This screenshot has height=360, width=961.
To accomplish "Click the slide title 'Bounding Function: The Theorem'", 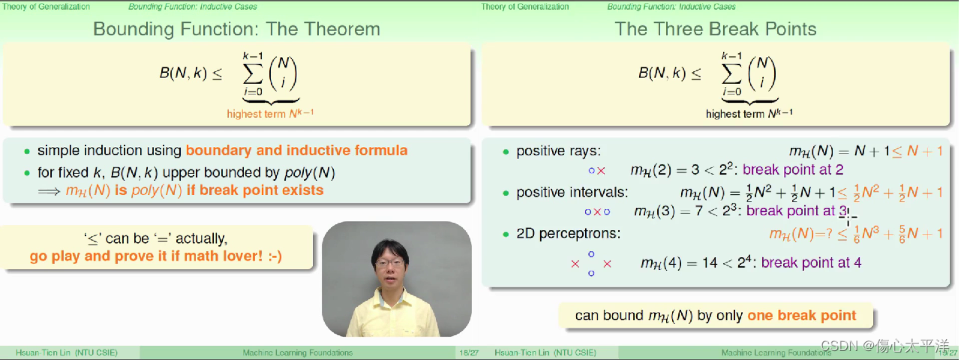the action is pos(236,29).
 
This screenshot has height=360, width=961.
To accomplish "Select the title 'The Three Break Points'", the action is pos(716,29).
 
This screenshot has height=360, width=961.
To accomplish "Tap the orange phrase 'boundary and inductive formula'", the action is pos(296,151).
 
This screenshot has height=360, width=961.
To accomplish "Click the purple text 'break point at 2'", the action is pos(793,170).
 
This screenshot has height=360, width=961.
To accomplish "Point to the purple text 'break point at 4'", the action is pos(811,262).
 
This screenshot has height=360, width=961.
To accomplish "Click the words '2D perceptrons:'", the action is pos(569,233).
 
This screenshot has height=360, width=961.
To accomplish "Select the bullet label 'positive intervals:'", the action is pos(572,192).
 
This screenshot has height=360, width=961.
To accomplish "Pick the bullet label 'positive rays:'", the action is pos(559,151).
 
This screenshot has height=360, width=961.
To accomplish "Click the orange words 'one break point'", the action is pos(802,316).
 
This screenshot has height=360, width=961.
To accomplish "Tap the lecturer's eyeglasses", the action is pos(390,262).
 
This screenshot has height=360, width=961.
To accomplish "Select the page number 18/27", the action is pos(469,352).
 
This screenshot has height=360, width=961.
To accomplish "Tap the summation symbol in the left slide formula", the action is pos(253,73).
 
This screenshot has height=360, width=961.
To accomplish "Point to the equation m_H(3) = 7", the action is pos(668,211).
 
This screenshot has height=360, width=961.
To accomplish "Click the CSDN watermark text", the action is pos(884,346).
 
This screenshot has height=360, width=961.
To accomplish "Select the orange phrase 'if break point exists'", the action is pos(255,190).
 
